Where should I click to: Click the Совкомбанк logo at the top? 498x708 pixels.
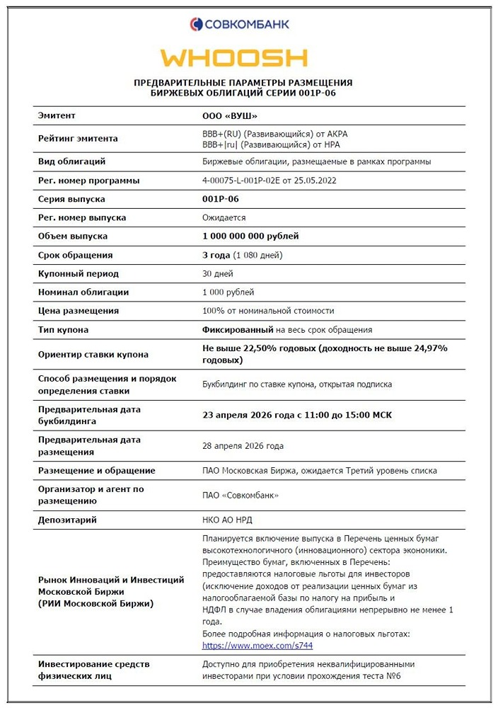(x=239, y=24)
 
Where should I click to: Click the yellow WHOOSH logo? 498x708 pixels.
(x=233, y=58)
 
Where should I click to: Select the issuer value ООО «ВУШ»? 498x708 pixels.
(x=230, y=115)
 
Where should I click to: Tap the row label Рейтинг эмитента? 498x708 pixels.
(x=78, y=139)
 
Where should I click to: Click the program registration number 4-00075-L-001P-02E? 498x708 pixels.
(x=269, y=181)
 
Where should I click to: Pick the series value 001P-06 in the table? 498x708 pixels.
(x=221, y=199)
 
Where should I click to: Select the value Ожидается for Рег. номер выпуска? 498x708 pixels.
(x=224, y=218)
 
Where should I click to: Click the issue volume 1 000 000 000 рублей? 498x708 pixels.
(x=250, y=236)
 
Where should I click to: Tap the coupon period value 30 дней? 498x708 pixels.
(x=218, y=273)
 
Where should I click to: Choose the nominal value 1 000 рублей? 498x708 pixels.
(x=228, y=292)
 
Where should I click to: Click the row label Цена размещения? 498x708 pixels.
(x=79, y=311)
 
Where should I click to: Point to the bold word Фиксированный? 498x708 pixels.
(x=238, y=329)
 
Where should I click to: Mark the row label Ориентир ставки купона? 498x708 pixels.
(x=93, y=354)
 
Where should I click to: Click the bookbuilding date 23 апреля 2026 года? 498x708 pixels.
(x=255, y=415)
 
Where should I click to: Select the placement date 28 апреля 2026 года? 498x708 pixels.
(x=243, y=446)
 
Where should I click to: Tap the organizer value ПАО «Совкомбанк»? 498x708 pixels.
(x=241, y=495)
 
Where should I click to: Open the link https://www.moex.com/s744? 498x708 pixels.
(x=257, y=646)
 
